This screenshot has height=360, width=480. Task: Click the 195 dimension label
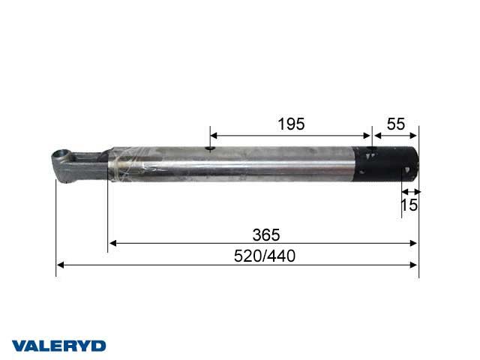point(291,124)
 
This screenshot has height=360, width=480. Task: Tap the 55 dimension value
point(396,124)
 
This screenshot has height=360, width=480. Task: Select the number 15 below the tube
point(409,205)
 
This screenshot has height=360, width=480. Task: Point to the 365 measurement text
point(266,235)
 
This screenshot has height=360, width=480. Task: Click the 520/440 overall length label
point(265,256)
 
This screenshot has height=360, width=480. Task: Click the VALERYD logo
point(58,346)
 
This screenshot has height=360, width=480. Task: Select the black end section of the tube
point(385,164)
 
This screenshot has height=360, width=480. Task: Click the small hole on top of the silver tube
point(210,148)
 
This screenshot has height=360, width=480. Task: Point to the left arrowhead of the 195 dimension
point(214,136)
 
